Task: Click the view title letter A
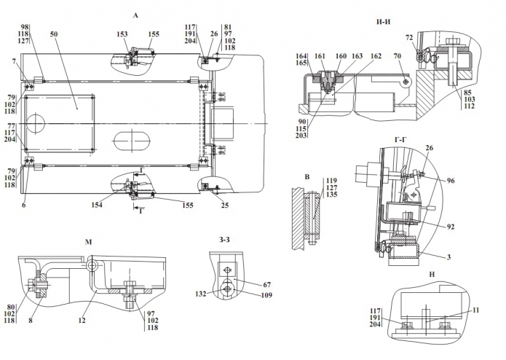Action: pyautogui.click(x=135, y=15)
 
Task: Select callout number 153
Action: pyautogui.click(x=122, y=34)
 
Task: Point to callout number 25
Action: pyautogui.click(x=224, y=206)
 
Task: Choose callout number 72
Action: pyautogui.click(x=410, y=36)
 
